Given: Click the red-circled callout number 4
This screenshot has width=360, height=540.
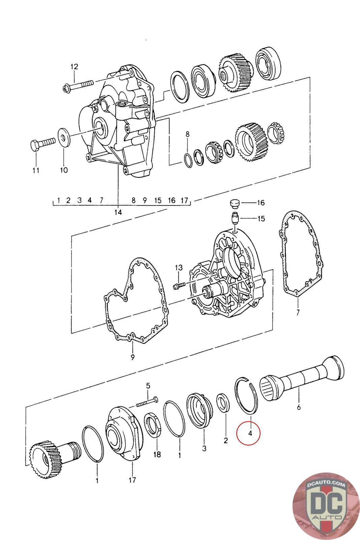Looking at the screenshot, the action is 250,433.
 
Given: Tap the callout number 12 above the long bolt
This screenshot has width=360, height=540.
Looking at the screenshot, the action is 74,67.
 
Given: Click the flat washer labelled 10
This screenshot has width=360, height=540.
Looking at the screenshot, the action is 64,137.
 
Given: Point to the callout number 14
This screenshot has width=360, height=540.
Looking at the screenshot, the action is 118,212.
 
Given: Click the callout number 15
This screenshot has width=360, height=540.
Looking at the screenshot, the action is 261,219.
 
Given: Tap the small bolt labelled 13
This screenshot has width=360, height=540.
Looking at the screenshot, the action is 179,286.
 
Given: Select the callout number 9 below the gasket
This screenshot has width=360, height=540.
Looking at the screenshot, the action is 133,357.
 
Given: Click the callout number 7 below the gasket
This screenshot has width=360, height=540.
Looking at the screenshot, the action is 298,313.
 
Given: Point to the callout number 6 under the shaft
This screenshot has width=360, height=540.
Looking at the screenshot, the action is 299,407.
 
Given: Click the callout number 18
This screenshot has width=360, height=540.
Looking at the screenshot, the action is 157,454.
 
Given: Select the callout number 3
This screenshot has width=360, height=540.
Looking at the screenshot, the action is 204,449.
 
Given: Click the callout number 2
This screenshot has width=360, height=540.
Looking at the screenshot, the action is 225,440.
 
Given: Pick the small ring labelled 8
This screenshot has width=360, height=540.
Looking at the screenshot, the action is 188,159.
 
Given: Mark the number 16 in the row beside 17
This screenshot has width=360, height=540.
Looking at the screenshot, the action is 172,200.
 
